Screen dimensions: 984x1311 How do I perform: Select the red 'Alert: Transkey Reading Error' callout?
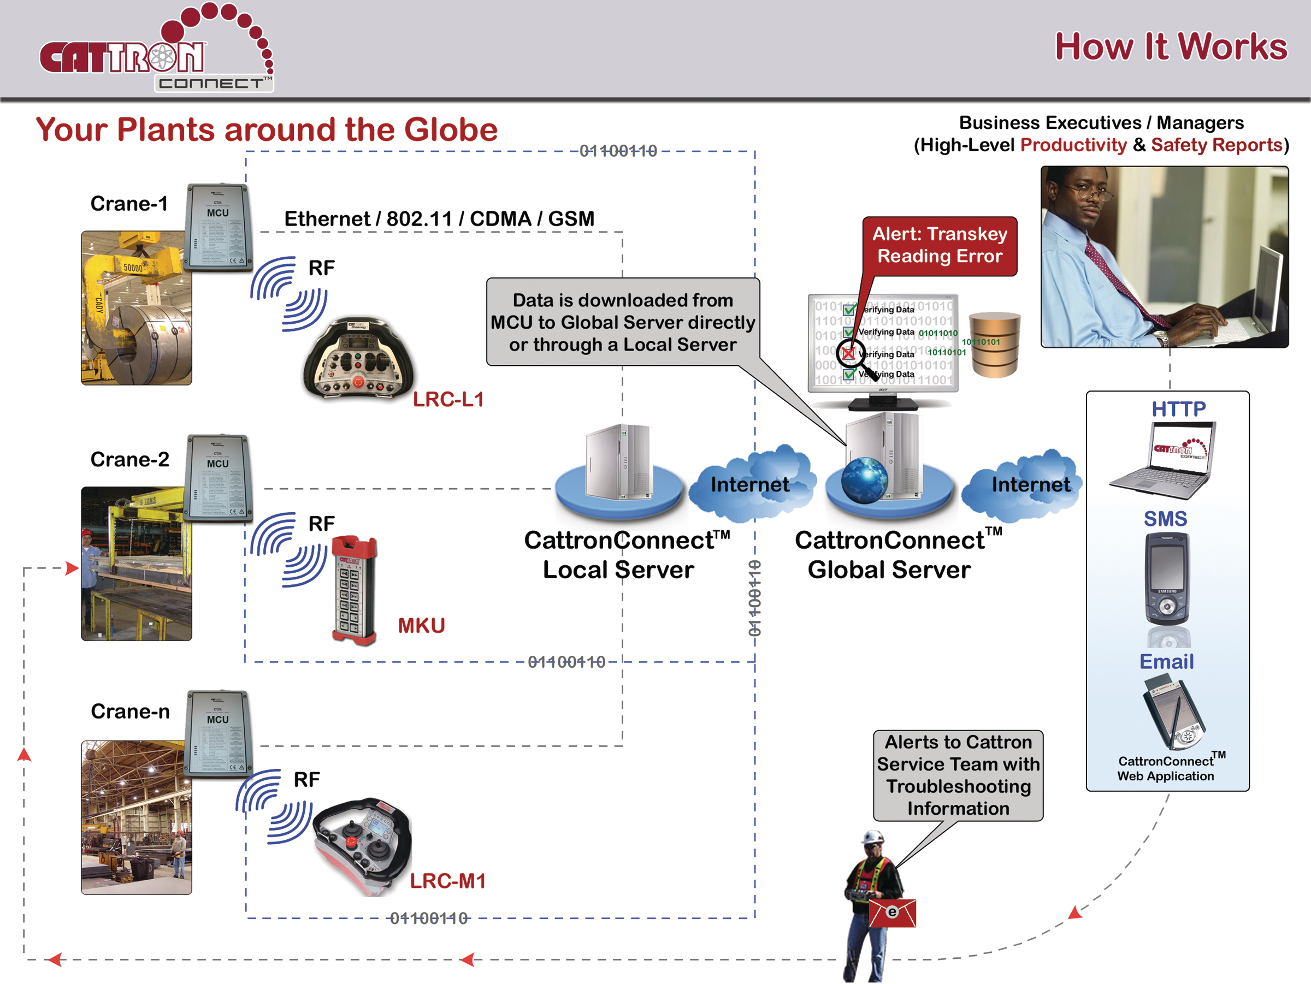click(940, 245)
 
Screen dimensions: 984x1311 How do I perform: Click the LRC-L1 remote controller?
click(358, 359)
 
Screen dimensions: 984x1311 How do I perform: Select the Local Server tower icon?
click(618, 463)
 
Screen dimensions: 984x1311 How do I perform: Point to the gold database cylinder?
click(995, 345)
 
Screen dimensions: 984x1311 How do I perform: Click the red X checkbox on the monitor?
click(848, 354)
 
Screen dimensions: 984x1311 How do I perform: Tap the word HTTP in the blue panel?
click(1178, 409)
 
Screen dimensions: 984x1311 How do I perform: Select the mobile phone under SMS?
click(1166, 578)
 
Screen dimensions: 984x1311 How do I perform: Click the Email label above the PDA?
click(1166, 661)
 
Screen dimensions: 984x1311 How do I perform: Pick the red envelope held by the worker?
click(892, 912)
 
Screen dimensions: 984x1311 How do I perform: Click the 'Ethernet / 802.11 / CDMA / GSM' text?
click(439, 218)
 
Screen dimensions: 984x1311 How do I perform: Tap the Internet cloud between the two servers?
click(750, 483)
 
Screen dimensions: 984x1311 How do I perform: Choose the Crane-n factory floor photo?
click(137, 817)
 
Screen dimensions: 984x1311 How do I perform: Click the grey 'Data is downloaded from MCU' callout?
click(622, 322)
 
